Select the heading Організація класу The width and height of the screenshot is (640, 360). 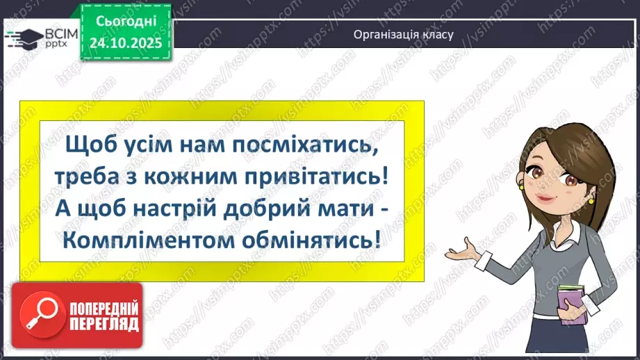403,34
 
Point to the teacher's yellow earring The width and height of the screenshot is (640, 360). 591,200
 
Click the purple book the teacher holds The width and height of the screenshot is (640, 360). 573,306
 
